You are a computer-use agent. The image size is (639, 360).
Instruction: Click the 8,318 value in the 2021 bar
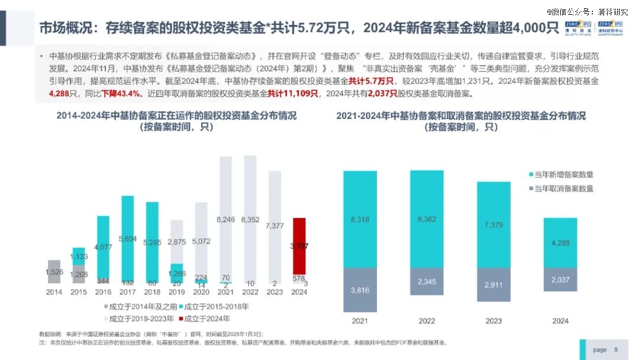(360, 219)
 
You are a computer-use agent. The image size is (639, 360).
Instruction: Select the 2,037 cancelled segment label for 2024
(560, 280)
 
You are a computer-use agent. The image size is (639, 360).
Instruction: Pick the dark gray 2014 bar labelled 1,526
(54, 272)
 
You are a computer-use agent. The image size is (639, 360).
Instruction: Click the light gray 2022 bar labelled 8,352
(251, 207)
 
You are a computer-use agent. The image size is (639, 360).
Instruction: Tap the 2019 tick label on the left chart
(177, 292)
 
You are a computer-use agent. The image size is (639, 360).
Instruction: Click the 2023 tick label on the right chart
(493, 321)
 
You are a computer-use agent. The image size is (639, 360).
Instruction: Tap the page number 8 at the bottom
(616, 349)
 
